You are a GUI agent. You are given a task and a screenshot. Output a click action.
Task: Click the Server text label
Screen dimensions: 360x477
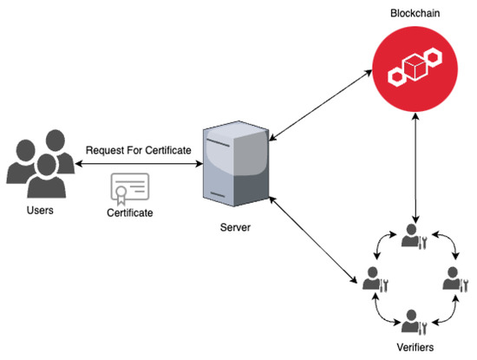(237, 228)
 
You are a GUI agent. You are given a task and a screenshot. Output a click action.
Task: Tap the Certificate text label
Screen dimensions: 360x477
(131, 211)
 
